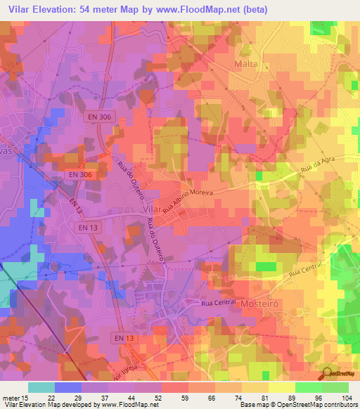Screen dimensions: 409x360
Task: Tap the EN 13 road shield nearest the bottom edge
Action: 123,339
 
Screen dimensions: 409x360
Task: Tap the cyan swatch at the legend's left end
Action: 41,387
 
